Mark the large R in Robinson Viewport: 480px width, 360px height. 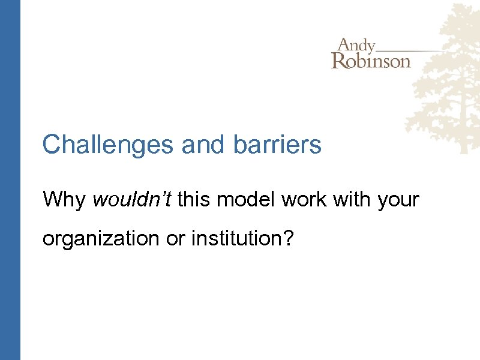pyautogui.click(x=339, y=61)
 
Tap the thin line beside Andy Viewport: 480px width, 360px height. pyautogui.click(x=414, y=49)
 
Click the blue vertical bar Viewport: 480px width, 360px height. pyautogui.click(x=10, y=180)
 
